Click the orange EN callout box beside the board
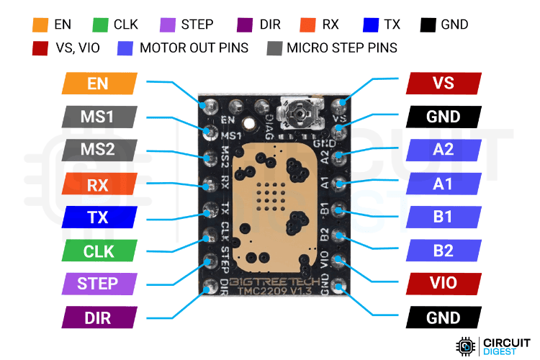click(x=98, y=83)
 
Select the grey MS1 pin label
click(x=98, y=117)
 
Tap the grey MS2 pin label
click(x=98, y=150)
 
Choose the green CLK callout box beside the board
click(x=98, y=251)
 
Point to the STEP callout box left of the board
click(x=98, y=283)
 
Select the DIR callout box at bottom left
click(x=98, y=317)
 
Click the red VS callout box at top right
click(x=443, y=83)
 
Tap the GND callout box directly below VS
click(x=443, y=117)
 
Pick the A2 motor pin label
click(x=443, y=150)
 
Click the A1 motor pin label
click(x=443, y=184)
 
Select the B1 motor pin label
click(x=443, y=217)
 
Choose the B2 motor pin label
click(x=443, y=250)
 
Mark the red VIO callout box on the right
click(x=443, y=283)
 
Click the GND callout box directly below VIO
click(x=443, y=317)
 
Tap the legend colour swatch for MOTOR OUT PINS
click(x=125, y=48)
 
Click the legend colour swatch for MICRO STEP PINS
click(x=274, y=48)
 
